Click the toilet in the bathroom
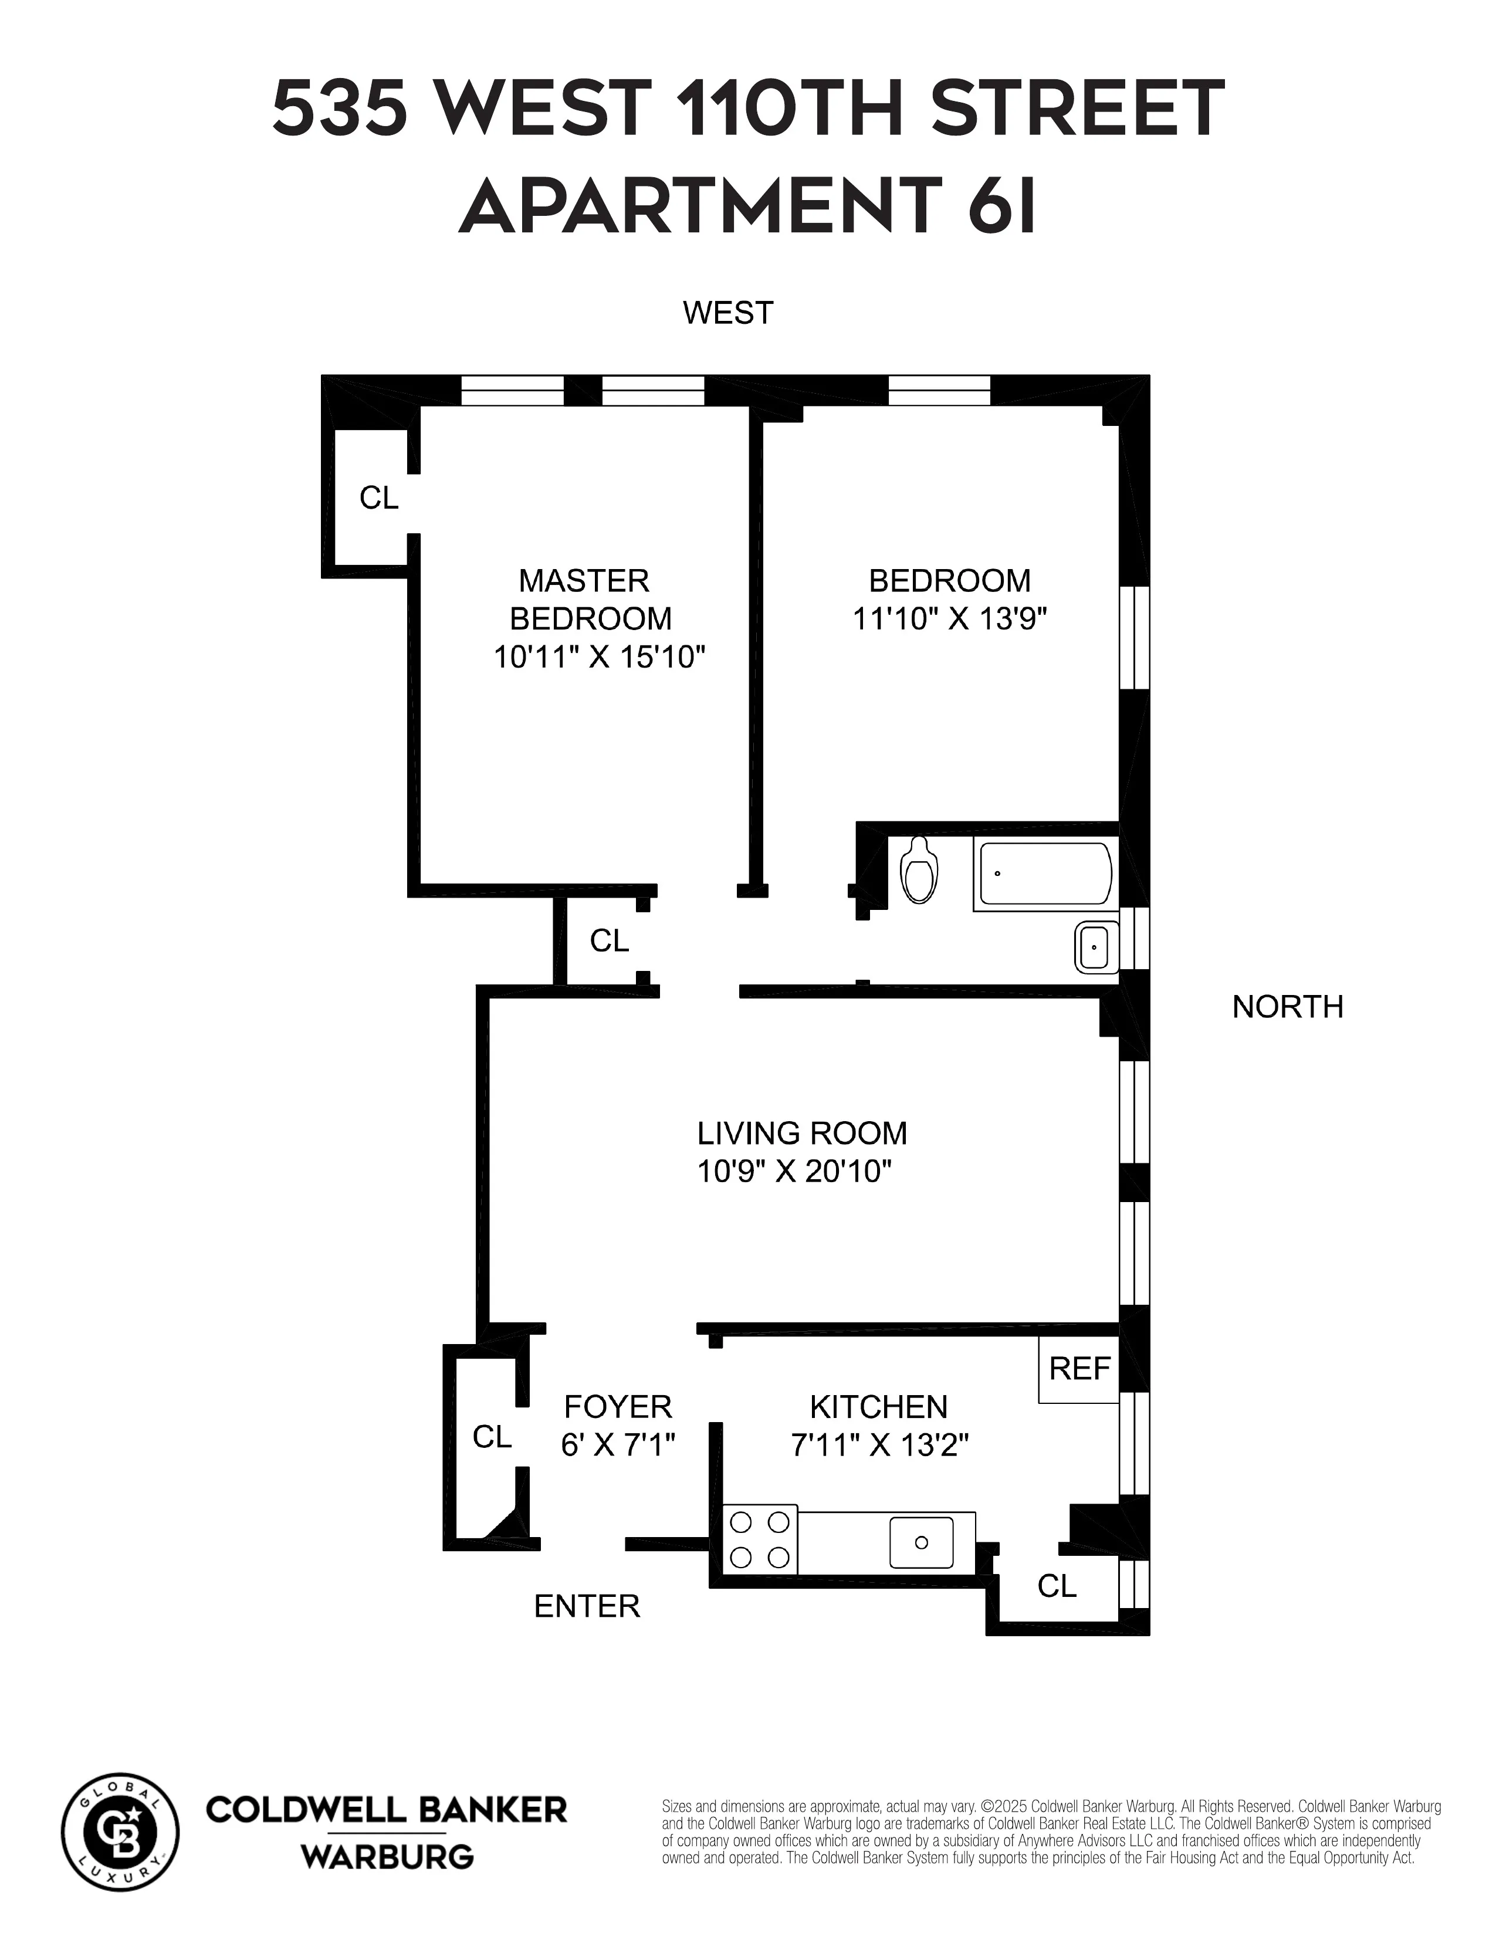(x=919, y=871)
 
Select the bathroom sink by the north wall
(x=1096, y=947)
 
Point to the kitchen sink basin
(x=922, y=1542)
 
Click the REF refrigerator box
(x=1078, y=1369)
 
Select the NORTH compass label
(x=1287, y=1007)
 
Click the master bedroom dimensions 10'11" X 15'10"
(x=599, y=657)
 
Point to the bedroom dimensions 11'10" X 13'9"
(x=949, y=618)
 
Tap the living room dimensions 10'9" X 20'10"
(x=794, y=1172)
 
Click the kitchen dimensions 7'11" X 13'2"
(x=879, y=1446)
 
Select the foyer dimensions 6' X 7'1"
(x=618, y=1446)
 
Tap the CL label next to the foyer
(x=492, y=1437)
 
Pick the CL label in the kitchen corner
(x=1057, y=1586)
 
